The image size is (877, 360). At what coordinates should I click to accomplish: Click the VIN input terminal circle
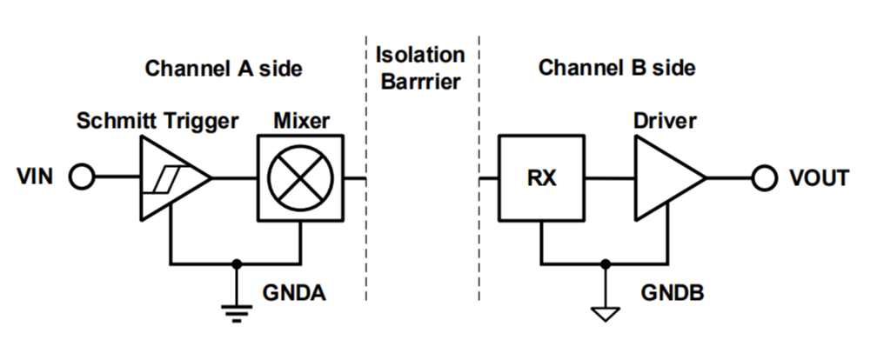click(81, 178)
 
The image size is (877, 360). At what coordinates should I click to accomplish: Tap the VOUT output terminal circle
click(764, 178)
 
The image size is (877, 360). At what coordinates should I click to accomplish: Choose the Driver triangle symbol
click(666, 178)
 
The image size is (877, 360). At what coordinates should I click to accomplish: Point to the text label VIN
click(35, 178)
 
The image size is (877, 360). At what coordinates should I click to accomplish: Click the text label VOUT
click(819, 178)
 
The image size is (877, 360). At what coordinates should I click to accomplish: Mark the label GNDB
click(670, 292)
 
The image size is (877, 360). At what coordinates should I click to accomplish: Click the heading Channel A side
click(224, 68)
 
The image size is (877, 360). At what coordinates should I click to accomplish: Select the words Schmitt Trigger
click(157, 120)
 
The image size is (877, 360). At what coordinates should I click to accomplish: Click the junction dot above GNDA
click(237, 262)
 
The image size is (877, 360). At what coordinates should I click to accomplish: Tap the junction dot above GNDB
click(606, 262)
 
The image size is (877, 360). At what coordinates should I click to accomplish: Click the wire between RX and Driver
click(608, 178)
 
